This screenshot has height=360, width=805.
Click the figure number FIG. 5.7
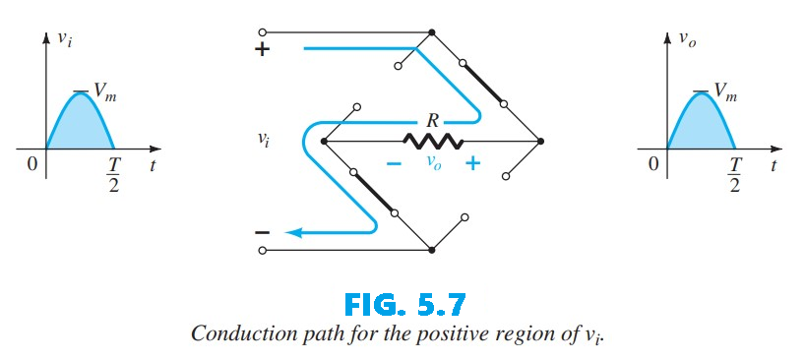click(x=402, y=297)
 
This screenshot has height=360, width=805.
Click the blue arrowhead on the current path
click(x=291, y=233)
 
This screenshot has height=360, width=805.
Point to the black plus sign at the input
click(x=262, y=49)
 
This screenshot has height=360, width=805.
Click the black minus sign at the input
click(x=262, y=233)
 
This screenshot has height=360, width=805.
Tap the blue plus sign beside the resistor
click(x=473, y=163)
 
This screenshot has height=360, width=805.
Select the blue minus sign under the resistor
click(x=395, y=164)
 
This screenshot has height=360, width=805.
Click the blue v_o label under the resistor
click(x=434, y=165)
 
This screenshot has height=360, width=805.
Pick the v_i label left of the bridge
click(x=263, y=141)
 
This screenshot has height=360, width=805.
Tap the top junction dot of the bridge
click(x=432, y=32)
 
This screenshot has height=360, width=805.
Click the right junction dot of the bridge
click(x=540, y=142)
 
